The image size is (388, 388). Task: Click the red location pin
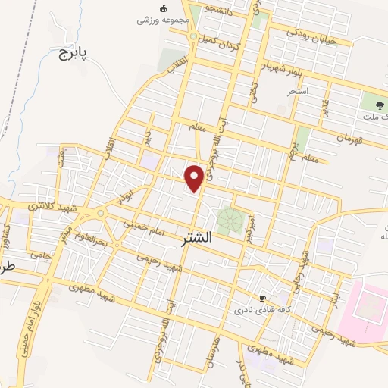pos(195,177)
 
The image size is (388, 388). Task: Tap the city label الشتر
pos(199,238)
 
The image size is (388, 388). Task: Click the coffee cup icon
pos(263,299)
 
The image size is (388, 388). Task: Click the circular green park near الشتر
pos(229,221)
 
